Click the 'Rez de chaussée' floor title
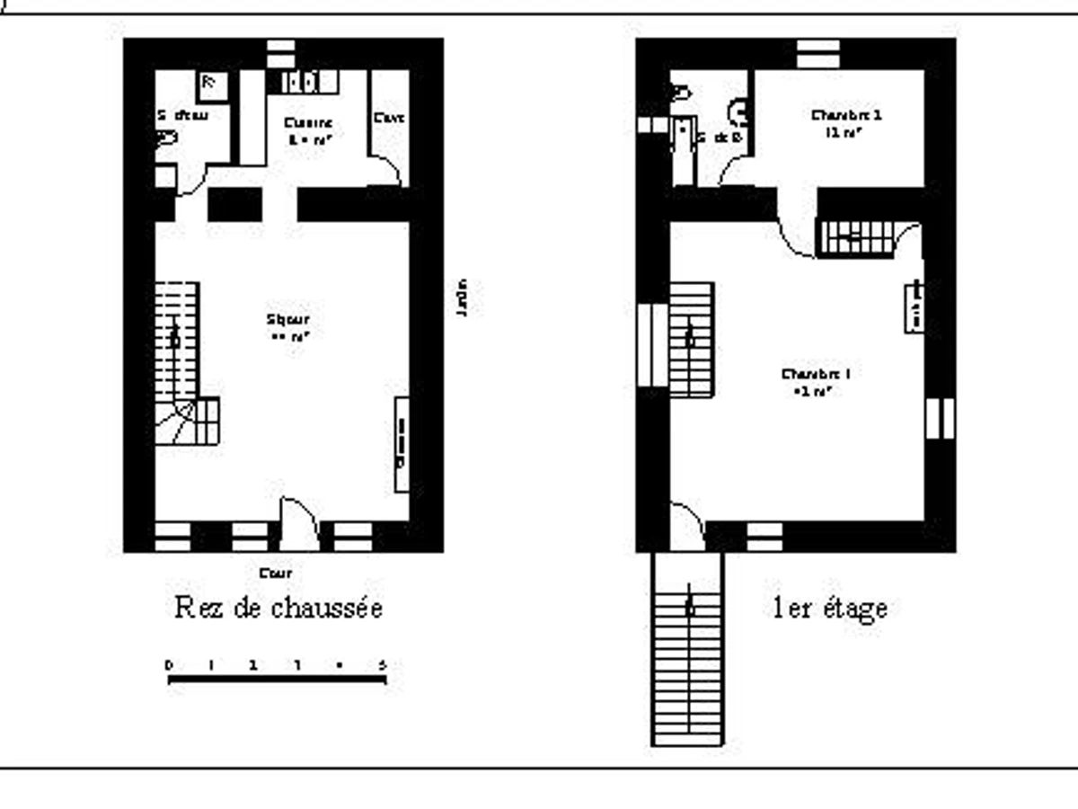(x=278, y=609)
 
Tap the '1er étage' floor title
(x=830, y=609)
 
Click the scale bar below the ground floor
(x=277, y=679)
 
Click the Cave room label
(x=389, y=118)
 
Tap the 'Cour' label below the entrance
(x=275, y=573)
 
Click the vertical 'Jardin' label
(x=463, y=298)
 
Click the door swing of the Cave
(x=386, y=171)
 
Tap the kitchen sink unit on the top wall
(x=305, y=83)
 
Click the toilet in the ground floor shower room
(x=167, y=139)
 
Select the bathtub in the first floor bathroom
(x=685, y=148)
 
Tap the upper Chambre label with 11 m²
(x=845, y=123)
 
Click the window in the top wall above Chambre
(x=818, y=52)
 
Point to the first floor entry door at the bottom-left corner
(x=687, y=526)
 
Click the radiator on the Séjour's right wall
(x=402, y=444)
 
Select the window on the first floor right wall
(x=940, y=419)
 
